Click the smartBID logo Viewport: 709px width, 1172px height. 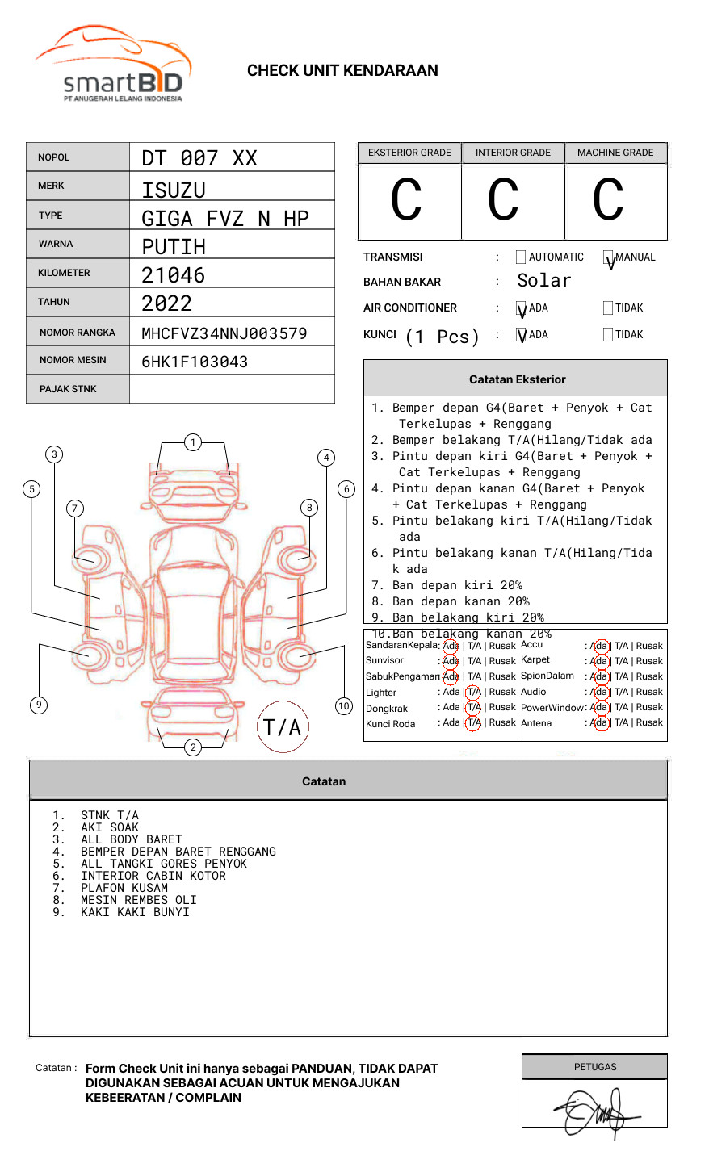tap(113, 65)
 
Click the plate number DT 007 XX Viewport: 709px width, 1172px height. tap(199, 158)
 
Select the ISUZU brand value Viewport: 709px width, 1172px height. tap(174, 190)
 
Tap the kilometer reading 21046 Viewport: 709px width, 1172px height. tap(174, 275)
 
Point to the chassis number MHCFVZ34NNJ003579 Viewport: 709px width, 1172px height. tap(224, 333)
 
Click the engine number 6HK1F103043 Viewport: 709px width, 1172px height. tap(195, 362)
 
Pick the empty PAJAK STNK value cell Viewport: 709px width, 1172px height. tap(232, 389)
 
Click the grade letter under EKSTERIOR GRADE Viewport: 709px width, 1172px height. tap(406, 200)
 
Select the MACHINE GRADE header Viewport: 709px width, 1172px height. tap(615, 153)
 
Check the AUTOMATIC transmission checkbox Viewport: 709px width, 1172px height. tap(521, 257)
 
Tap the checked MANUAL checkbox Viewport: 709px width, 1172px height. tap(608, 257)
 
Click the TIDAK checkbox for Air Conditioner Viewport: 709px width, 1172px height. tap(608, 308)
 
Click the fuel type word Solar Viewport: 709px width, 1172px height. tap(543, 281)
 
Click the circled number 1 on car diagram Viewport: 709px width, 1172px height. tap(192, 442)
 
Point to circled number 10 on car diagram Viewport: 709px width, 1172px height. tap(344, 706)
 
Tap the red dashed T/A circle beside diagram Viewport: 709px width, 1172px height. tap(283, 727)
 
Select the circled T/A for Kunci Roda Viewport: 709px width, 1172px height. tap(473, 723)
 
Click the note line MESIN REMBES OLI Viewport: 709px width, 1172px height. tap(138, 900)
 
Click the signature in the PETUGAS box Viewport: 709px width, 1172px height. tap(594, 1113)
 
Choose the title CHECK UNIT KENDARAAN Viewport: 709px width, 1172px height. tap(342, 71)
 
